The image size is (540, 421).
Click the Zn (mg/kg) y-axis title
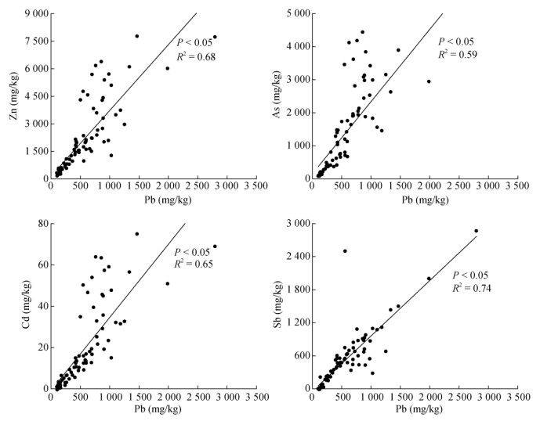click(x=14, y=96)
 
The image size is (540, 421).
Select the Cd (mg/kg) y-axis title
click(x=14, y=306)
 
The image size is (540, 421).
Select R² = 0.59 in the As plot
click(x=458, y=54)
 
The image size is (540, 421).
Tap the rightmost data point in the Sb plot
click(x=477, y=231)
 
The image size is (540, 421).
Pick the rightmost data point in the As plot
click(x=429, y=81)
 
